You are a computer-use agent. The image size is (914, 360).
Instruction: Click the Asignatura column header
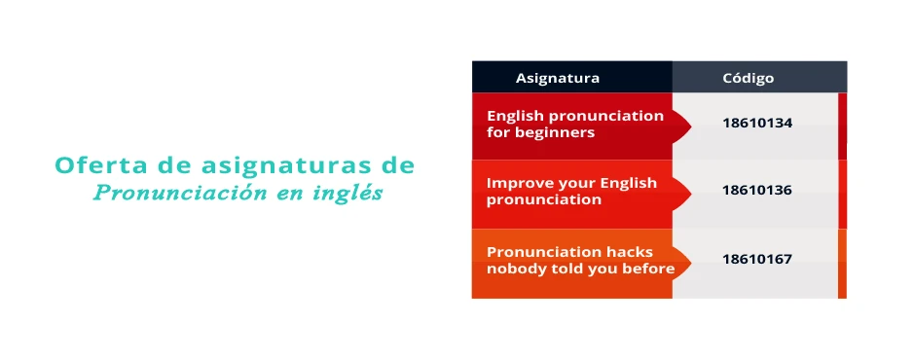tap(558, 78)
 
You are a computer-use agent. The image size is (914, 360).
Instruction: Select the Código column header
tap(749, 78)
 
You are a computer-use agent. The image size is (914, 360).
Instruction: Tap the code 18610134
tap(757, 124)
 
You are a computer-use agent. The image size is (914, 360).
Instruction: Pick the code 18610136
tap(757, 191)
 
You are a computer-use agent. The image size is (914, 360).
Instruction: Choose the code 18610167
tap(757, 259)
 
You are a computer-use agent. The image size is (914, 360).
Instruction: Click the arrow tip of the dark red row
tap(691, 126)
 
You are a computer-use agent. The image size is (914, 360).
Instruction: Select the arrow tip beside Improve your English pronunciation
tap(691, 193)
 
